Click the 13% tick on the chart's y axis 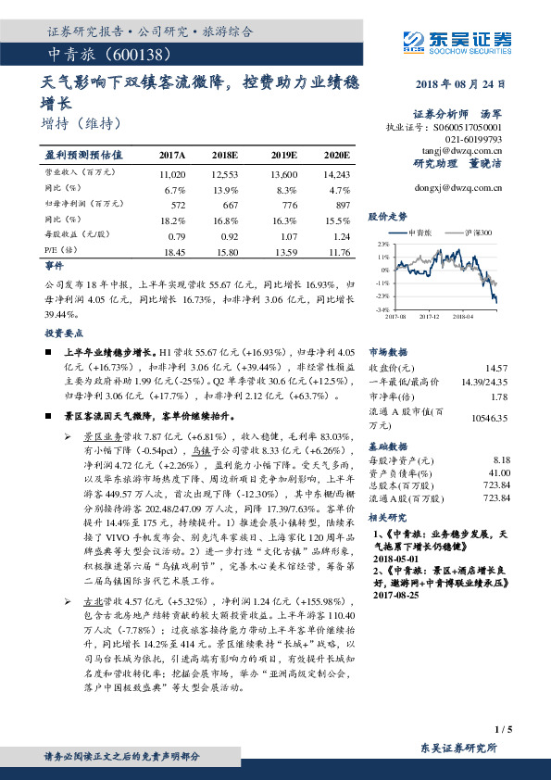click(382, 244)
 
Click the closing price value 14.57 click(497, 368)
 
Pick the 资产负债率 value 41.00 click(499, 472)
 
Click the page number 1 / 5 click(504, 731)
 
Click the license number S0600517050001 click(470, 126)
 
